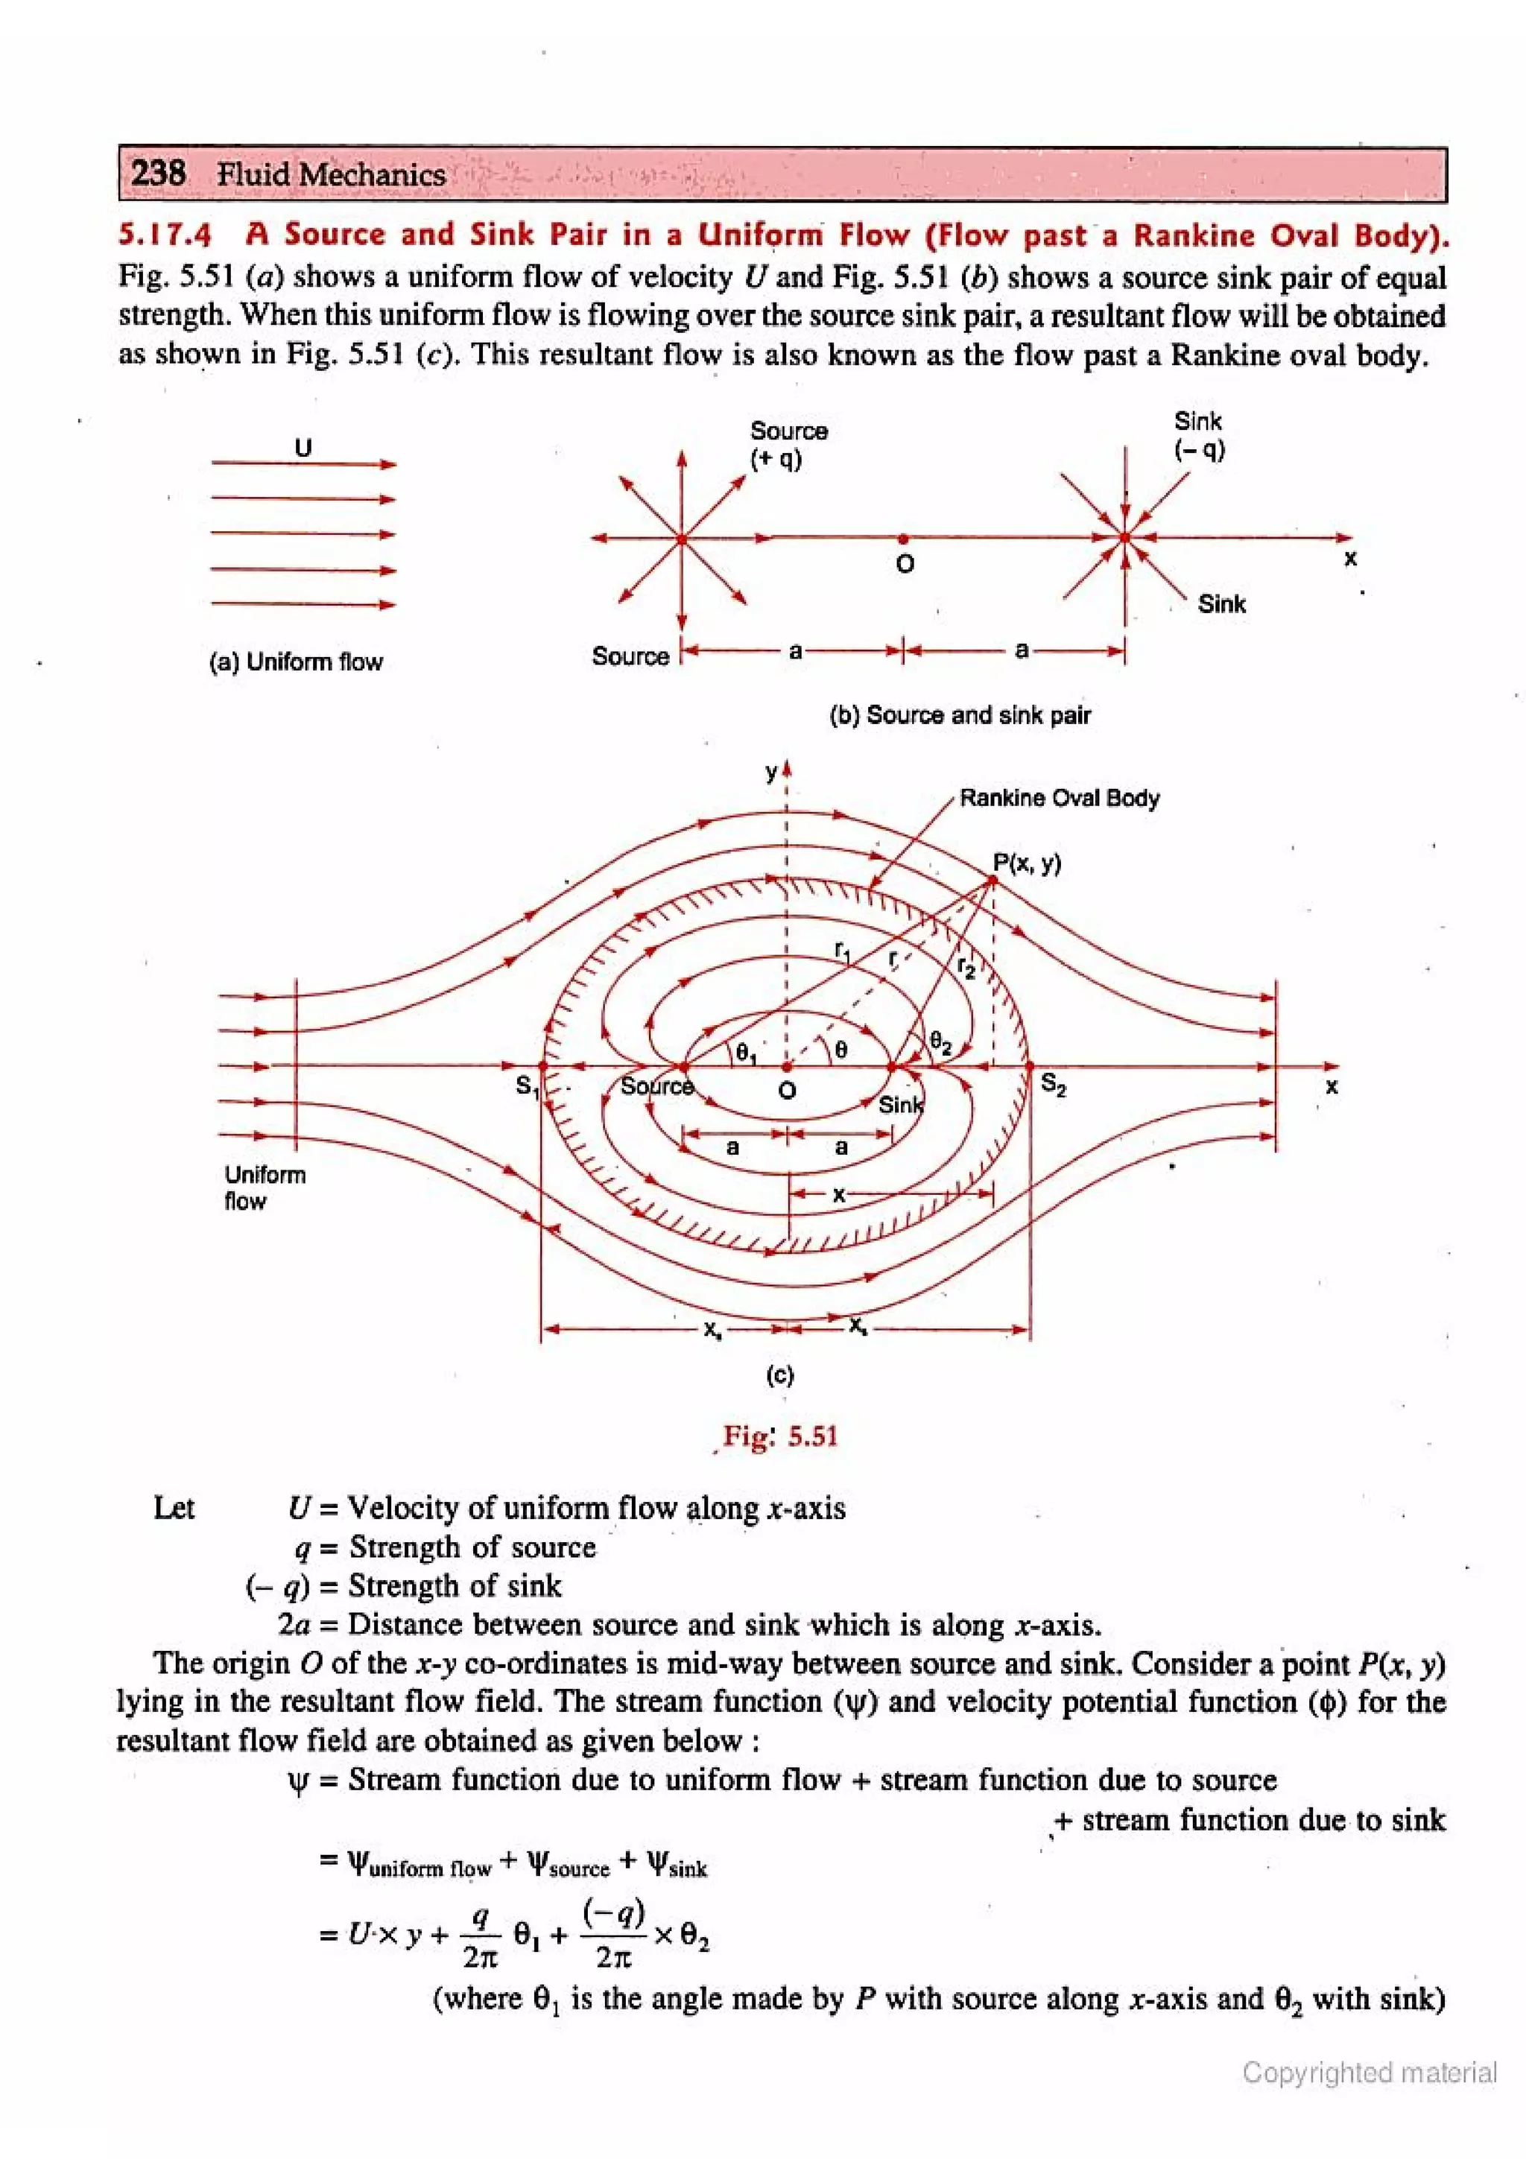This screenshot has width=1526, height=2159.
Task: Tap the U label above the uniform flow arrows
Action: [x=303, y=447]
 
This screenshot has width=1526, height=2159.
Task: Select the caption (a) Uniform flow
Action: [x=295, y=662]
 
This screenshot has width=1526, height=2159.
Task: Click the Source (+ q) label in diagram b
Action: [x=788, y=445]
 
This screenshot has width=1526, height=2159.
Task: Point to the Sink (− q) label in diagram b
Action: [x=1198, y=434]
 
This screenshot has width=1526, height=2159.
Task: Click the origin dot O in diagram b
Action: [x=904, y=539]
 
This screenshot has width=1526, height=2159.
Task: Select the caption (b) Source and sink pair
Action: [x=959, y=714]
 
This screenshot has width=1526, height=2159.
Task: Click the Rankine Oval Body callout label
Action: [x=1059, y=799]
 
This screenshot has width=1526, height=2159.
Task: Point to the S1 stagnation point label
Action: [x=527, y=1086]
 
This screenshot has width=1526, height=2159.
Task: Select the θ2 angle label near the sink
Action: [x=940, y=1041]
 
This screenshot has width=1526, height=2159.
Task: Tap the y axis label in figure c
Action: [x=771, y=773]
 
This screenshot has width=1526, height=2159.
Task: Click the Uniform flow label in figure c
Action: [x=265, y=1188]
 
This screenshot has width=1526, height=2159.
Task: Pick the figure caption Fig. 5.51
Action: [x=779, y=1436]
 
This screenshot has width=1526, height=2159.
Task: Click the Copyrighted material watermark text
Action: [x=1369, y=2072]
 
